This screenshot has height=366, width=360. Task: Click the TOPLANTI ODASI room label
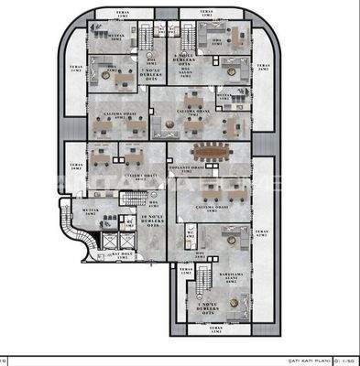201,169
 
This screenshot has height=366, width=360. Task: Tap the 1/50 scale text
347,360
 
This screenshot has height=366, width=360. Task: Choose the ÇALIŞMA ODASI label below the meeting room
213,208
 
